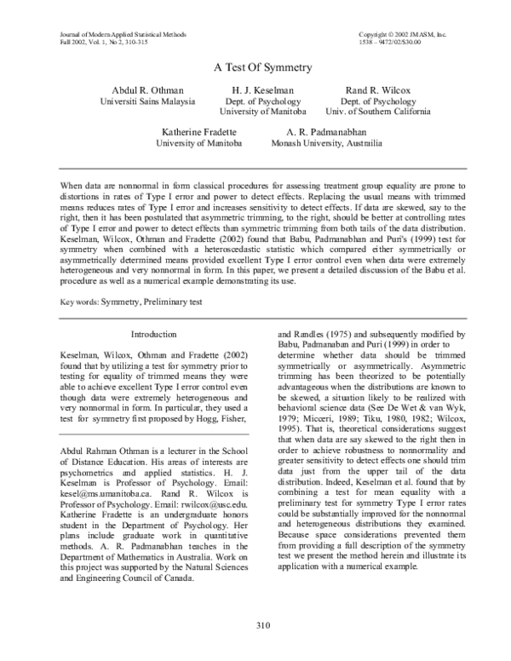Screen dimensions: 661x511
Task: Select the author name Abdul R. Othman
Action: pyautogui.click(x=153, y=89)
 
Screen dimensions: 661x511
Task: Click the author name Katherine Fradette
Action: pyautogui.click(x=197, y=132)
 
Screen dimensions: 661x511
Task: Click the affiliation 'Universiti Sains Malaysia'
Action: pyautogui.click(x=153, y=101)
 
